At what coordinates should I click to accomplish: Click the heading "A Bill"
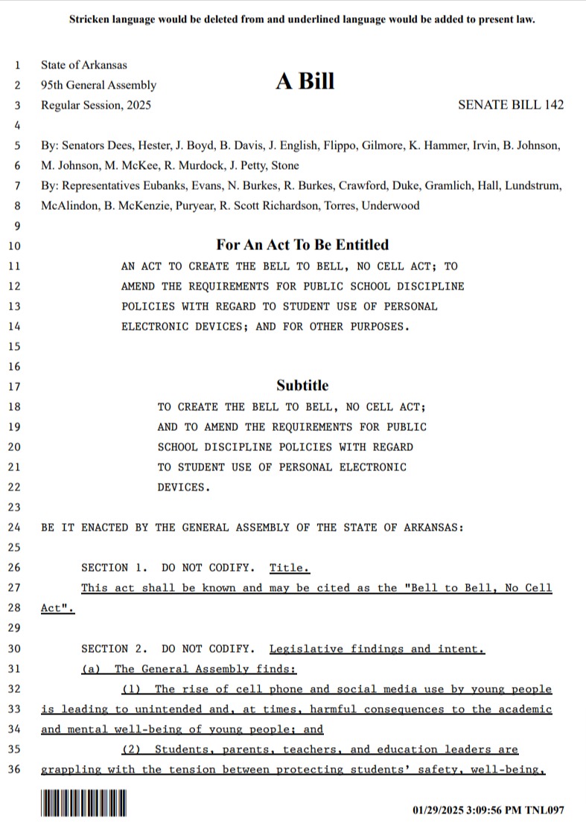pyautogui.click(x=305, y=82)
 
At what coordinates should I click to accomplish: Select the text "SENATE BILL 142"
pyautogui.click(x=511, y=105)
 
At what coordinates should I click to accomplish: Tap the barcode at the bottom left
pyautogui.click(x=84, y=807)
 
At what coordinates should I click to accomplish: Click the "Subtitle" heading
pyautogui.click(x=302, y=385)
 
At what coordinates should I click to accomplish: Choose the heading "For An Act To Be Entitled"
pyautogui.click(x=302, y=245)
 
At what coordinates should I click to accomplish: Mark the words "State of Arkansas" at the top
pyautogui.click(x=84, y=65)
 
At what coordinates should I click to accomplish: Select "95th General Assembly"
pyautogui.click(x=98, y=86)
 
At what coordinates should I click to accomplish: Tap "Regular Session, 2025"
pyautogui.click(x=96, y=105)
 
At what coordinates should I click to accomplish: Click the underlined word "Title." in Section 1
pyautogui.click(x=289, y=568)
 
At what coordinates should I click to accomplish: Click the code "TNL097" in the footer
pyautogui.click(x=547, y=809)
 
